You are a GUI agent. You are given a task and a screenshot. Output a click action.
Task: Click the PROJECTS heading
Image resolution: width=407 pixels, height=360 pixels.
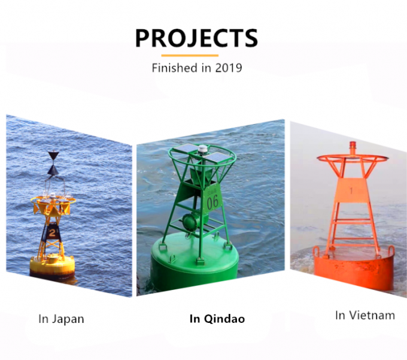point(196,38)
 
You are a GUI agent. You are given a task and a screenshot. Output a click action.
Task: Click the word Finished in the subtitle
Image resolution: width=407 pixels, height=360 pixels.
point(173,68)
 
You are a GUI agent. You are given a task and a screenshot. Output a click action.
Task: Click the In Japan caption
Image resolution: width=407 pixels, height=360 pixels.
point(61,319)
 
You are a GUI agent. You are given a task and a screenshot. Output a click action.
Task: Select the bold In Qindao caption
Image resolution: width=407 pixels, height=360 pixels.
point(217,319)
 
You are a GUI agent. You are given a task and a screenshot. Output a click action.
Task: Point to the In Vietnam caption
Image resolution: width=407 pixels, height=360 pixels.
point(365,315)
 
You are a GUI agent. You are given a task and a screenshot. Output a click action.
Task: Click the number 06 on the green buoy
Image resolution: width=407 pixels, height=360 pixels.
point(213,202)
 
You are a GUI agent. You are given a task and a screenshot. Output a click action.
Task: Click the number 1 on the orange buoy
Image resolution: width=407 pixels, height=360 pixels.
point(351,190)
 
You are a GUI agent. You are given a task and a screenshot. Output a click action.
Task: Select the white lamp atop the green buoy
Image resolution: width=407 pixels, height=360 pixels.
point(202,149)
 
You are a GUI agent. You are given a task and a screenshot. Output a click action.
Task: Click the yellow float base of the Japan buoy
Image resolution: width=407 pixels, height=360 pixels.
point(53,264)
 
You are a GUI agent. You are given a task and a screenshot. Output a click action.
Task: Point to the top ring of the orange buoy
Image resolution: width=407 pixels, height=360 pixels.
point(351,159)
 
